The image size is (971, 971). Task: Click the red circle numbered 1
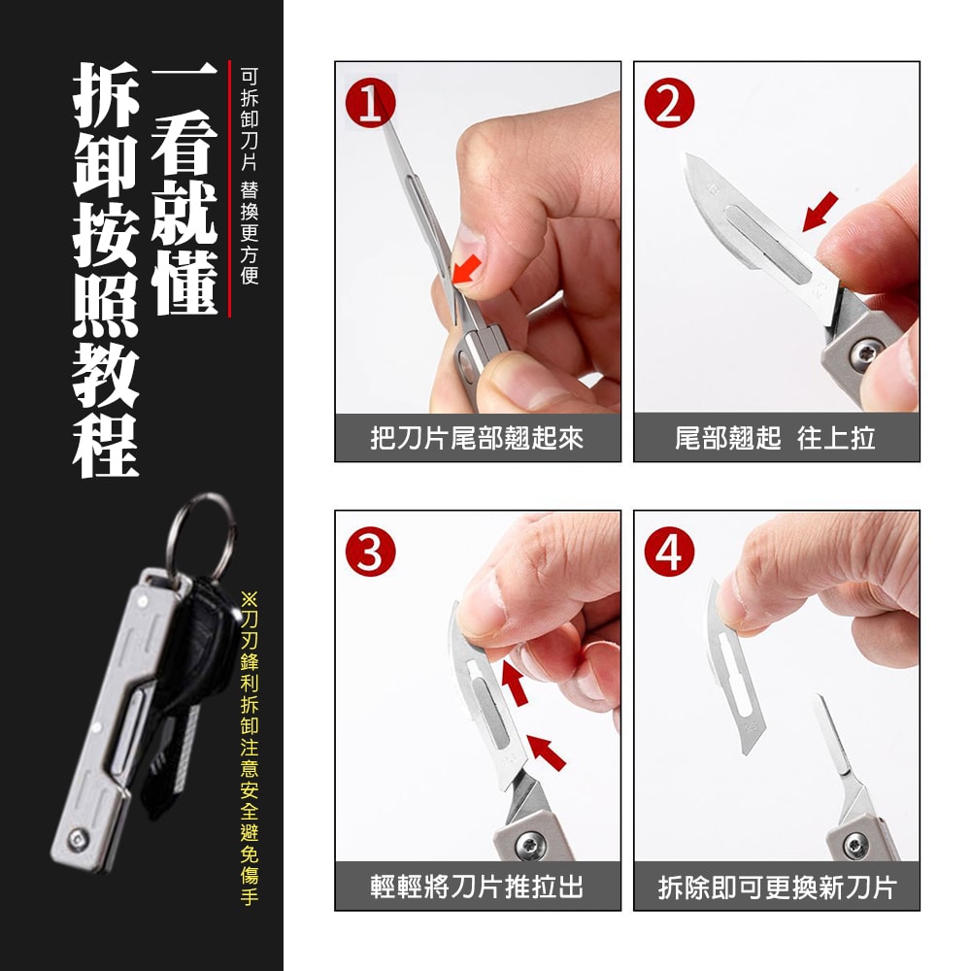click(370, 103)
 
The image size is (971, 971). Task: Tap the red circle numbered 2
click(669, 103)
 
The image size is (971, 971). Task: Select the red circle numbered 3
click(370, 552)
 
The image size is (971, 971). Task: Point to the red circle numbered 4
click(669, 552)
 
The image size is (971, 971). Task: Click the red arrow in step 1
click(467, 270)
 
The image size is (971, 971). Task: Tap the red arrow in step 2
click(820, 212)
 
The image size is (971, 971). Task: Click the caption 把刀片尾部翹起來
click(477, 439)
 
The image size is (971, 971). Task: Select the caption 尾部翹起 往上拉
click(775, 439)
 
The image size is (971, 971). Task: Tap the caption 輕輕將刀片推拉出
click(477, 887)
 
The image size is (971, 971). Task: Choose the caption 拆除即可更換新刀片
click(777, 887)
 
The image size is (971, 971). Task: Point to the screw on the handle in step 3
click(531, 843)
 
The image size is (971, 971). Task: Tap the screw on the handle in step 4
click(855, 844)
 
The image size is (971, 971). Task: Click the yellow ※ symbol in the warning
click(249, 599)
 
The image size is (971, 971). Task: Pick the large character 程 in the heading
click(106, 445)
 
